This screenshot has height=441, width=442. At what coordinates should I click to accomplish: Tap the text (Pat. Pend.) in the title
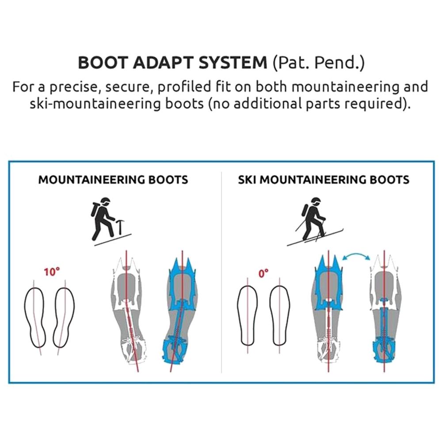click(319, 63)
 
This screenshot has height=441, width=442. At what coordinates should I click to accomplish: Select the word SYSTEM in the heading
click(233, 62)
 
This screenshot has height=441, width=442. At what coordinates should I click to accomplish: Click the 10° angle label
click(52, 272)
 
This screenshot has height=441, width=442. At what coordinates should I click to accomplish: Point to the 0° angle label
click(263, 273)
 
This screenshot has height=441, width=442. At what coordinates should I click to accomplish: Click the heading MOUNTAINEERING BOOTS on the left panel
click(113, 180)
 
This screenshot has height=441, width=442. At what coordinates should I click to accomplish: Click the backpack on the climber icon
click(95, 209)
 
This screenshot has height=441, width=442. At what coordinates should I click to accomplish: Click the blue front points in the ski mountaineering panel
click(328, 265)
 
